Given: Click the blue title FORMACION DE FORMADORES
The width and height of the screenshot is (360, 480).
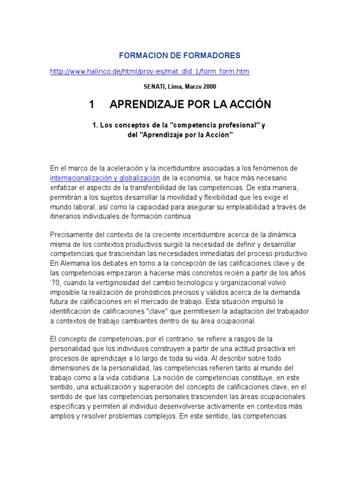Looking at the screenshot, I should [x=180, y=55].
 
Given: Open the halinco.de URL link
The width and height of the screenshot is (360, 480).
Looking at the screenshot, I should [x=150, y=71].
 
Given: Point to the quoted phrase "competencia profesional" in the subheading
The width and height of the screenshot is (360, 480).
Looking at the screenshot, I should [x=210, y=126].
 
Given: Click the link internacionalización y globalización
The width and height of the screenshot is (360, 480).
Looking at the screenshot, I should [x=105, y=178].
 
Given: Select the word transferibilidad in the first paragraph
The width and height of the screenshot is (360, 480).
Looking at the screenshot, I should [x=133, y=188].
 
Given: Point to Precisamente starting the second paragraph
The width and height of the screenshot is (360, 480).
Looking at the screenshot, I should [x=73, y=234].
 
